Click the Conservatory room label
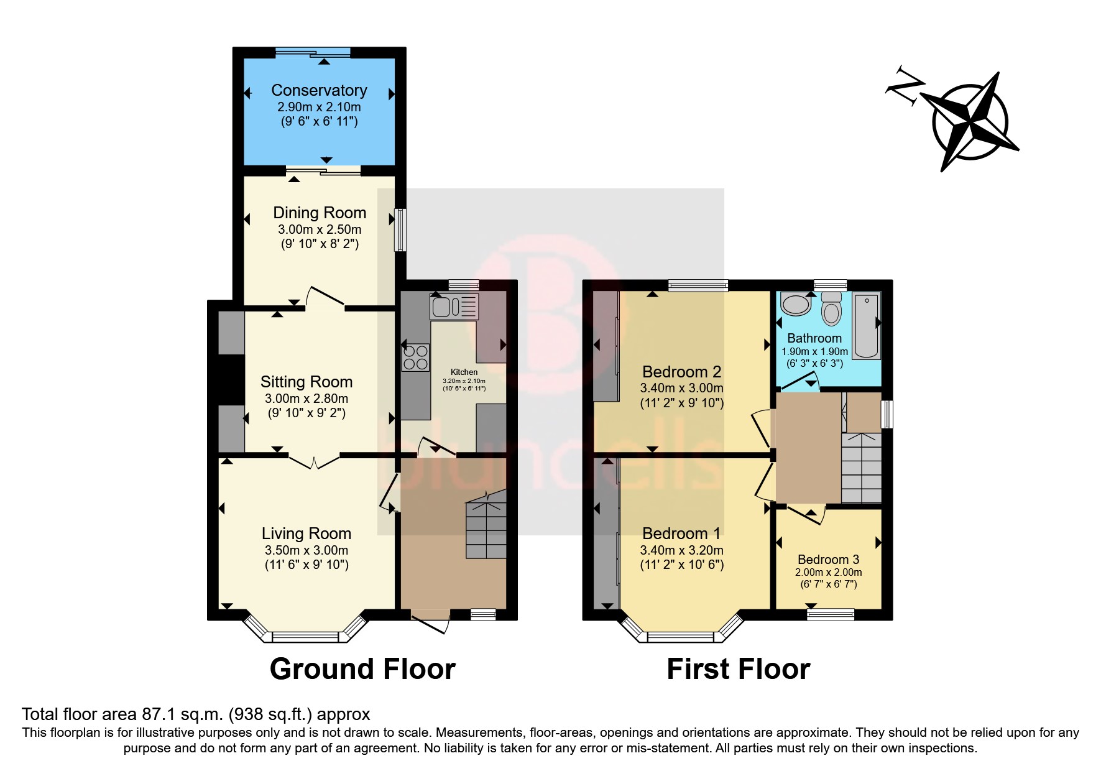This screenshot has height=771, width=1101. pos(319,90)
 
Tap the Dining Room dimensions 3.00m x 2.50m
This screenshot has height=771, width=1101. pos(319,229)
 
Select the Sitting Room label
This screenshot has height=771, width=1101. pos(306,382)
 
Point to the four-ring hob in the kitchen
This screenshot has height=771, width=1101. pos(415,358)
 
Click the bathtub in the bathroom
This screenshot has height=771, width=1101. pos(867,326)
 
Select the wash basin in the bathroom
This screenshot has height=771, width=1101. pos(796,305)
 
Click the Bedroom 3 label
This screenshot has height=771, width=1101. pos(828,560)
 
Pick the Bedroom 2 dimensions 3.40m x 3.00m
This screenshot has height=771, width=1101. pos(681,388)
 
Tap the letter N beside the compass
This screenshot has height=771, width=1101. pos(903,87)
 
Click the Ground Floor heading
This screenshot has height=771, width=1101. pos(362,669)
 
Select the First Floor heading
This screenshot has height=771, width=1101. pos(738,669)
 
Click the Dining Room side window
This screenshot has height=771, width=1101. pos(400,230)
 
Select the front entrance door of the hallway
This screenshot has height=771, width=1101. pos(430,624)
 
